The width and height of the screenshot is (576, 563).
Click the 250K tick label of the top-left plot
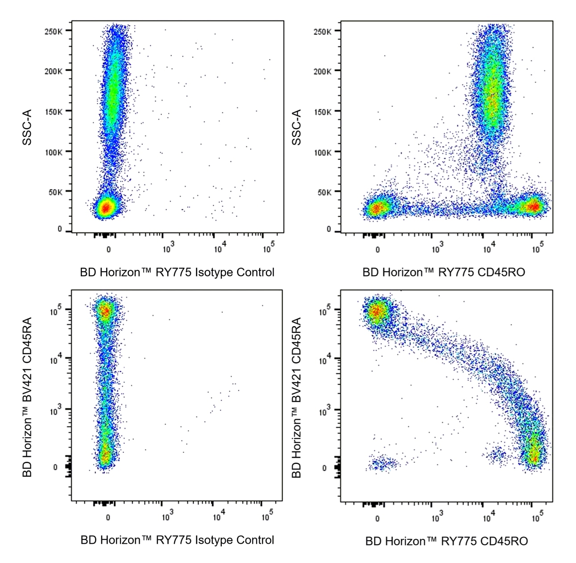pyautogui.click(x=53, y=31)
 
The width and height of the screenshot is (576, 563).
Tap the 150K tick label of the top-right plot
pyautogui.click(x=322, y=112)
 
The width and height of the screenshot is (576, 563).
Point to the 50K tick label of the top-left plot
pyautogui.click(x=55, y=192)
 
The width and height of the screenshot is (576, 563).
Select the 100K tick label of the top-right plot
pyautogui.click(x=322, y=152)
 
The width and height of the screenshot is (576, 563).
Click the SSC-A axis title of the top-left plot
pyautogui.click(x=27, y=127)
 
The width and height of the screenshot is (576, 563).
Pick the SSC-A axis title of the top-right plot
pyautogui.click(x=297, y=127)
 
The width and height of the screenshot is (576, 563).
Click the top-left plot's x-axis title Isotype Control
pyautogui.click(x=177, y=272)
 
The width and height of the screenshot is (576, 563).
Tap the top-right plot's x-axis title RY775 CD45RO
pyautogui.click(x=443, y=272)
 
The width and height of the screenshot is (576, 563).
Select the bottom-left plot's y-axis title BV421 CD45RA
pyautogui.click(x=27, y=397)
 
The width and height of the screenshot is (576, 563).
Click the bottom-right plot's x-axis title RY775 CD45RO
pyautogui.click(x=446, y=541)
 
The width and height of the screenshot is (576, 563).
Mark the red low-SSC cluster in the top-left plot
pyautogui.click(x=106, y=207)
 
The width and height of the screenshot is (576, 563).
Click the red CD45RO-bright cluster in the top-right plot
pyautogui.click(x=534, y=206)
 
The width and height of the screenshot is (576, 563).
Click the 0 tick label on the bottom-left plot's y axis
pyautogui.click(x=55, y=467)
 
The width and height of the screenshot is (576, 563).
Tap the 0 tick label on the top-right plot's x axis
pyautogui.click(x=377, y=249)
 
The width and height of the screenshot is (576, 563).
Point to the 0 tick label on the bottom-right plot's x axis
pyautogui.click(x=377, y=518)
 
